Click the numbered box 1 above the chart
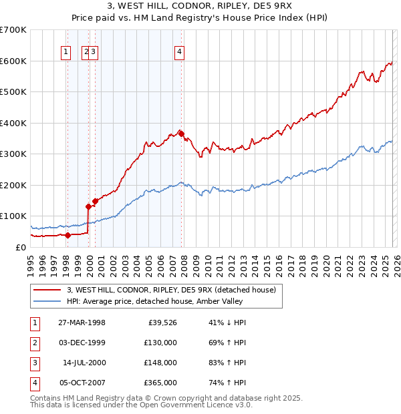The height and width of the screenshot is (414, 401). point(67,53)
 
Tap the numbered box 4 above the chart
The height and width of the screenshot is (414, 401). point(180,53)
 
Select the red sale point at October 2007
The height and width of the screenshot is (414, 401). point(181,133)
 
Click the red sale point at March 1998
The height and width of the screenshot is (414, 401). point(68,234)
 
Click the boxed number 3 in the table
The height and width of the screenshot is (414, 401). point(33,363)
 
